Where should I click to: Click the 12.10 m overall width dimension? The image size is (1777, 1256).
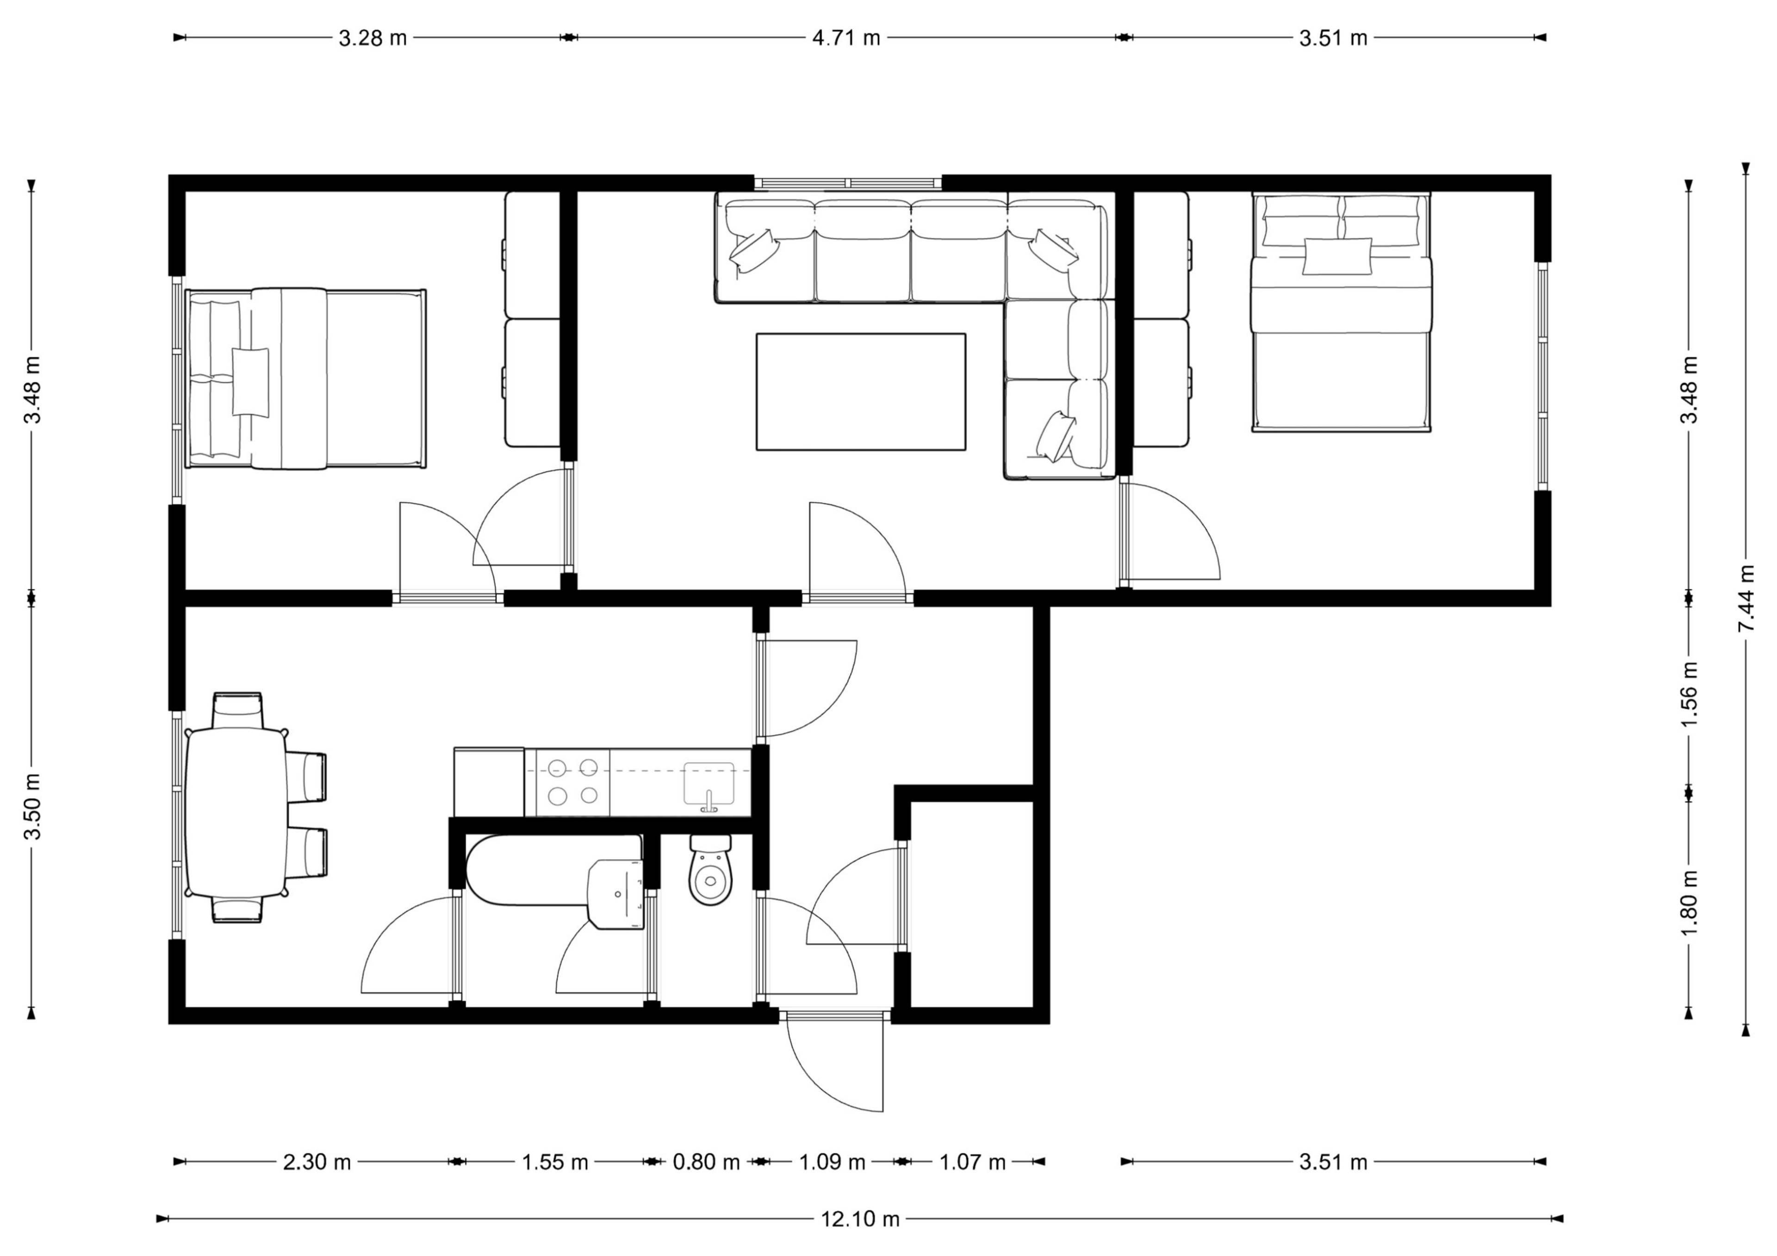click(860, 1219)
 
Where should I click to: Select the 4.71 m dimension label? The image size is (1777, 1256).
click(846, 37)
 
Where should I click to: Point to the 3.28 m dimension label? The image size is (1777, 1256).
click(372, 37)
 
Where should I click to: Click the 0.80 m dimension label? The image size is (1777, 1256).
click(706, 1162)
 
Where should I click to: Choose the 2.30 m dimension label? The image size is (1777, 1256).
click(317, 1162)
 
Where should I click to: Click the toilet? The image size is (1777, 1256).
click(710, 869)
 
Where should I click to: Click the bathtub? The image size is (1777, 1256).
click(554, 869)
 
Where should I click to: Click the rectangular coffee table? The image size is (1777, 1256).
click(861, 391)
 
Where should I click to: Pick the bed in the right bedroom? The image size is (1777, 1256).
click(1341, 311)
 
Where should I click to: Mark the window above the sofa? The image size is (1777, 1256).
click(848, 183)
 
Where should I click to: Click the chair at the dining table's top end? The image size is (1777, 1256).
click(237, 710)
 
